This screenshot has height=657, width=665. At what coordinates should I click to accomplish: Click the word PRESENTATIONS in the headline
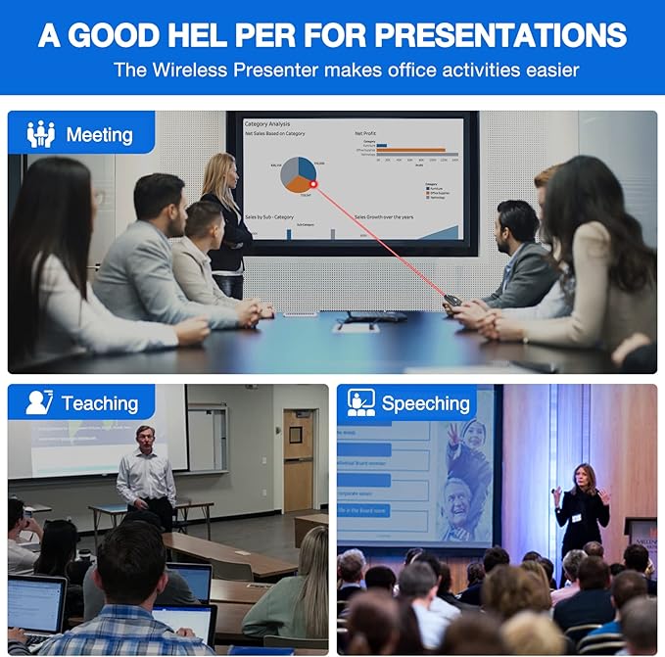coord(500,34)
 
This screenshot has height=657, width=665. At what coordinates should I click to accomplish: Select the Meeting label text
coord(99,134)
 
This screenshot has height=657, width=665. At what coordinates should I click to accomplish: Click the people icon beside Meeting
coord(41,134)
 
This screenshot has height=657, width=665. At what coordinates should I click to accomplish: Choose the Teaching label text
coord(99,402)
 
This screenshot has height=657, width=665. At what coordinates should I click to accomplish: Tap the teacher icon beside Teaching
coord(39,402)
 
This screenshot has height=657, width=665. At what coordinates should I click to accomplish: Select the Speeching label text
coord(425,402)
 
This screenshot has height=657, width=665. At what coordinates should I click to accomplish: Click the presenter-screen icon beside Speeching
coord(361,402)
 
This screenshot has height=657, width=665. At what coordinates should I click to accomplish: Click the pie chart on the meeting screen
coord(298,173)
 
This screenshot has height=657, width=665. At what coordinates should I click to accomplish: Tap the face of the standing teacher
coord(146,437)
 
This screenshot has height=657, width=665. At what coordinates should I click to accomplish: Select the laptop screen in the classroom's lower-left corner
coord(35,603)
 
